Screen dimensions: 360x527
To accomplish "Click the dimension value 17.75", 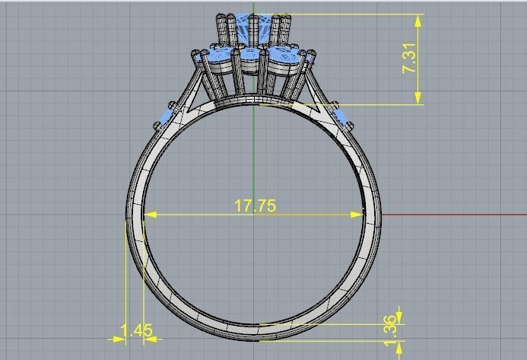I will click(255, 205).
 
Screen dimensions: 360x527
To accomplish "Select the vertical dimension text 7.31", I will click(410, 59).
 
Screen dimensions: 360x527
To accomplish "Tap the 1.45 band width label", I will click(137, 331).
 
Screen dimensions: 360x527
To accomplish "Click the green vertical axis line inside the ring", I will click(253, 152).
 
